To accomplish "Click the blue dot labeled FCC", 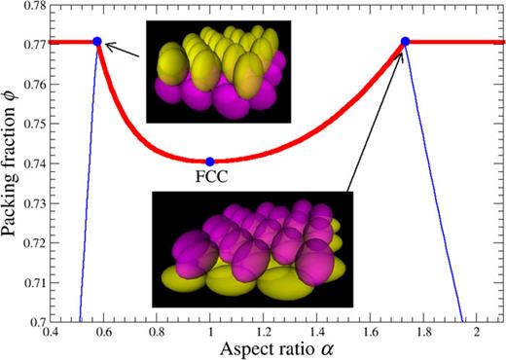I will pos(210,161).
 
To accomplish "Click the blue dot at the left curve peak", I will pos(97,41).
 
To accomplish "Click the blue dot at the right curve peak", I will pos(405,41).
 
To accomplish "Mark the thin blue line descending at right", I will pos(433,195).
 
